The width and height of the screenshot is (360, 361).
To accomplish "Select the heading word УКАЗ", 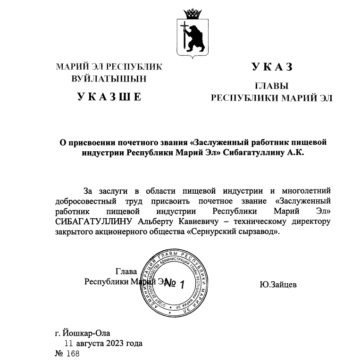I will (272, 67).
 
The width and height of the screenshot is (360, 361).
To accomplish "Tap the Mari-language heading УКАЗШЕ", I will (109, 98).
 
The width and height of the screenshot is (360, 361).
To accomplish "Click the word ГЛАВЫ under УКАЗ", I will (272, 86).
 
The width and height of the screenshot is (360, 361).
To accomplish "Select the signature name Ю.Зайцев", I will (278, 285).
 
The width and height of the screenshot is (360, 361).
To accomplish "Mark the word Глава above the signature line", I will (126, 271).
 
